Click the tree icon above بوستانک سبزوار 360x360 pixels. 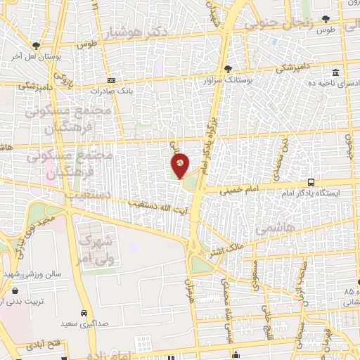[x=228, y=69]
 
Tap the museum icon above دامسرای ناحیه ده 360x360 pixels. [x=335, y=73]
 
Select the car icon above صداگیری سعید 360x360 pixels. [x=84, y=314]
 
